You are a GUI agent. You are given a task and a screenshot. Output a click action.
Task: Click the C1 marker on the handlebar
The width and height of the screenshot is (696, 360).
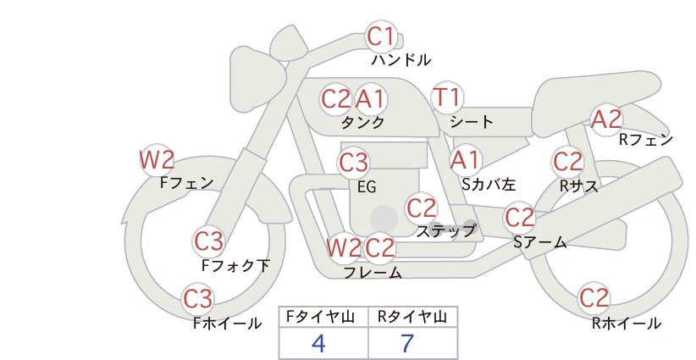(381, 36)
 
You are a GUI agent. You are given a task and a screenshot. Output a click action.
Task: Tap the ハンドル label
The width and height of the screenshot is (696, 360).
(400, 59)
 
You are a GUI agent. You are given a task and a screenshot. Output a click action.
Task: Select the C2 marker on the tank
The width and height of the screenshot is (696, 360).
(335, 99)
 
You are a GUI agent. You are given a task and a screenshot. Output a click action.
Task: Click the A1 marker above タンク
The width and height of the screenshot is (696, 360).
(370, 99)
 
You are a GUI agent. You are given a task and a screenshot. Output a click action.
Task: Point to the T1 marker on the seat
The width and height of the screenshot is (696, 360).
(447, 97)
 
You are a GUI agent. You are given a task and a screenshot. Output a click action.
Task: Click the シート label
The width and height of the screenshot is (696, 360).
(472, 122)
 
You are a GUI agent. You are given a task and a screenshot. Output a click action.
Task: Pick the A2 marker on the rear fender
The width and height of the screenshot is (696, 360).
(606, 119)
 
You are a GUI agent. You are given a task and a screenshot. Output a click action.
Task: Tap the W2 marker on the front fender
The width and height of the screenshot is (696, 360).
(157, 160)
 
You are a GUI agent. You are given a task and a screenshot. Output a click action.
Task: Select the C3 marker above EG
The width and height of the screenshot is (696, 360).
(353, 163)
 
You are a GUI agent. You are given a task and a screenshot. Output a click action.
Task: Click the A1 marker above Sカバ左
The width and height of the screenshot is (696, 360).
(465, 160)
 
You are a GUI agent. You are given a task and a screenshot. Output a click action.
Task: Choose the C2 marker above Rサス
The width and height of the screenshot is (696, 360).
(567, 162)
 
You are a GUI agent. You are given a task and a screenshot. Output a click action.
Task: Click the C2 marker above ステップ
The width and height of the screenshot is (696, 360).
(421, 208)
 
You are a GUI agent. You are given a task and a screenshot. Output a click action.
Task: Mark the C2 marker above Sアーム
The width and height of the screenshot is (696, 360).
(519, 218)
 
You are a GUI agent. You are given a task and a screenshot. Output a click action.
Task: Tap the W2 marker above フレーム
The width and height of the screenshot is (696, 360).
(344, 247)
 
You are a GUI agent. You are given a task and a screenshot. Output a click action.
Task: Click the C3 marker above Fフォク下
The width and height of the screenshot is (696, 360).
(208, 241)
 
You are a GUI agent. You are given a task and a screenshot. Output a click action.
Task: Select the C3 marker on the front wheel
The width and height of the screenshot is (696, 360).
(197, 299)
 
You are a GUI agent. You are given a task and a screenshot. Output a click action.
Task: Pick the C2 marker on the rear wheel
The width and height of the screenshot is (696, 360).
(594, 297)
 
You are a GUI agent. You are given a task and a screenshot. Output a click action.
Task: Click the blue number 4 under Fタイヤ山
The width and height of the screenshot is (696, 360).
(318, 343)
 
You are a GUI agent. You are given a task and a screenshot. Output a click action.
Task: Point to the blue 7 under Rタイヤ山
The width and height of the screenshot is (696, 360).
(407, 343)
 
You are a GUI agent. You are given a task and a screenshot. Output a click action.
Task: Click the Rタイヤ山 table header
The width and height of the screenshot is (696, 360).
(412, 317)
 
